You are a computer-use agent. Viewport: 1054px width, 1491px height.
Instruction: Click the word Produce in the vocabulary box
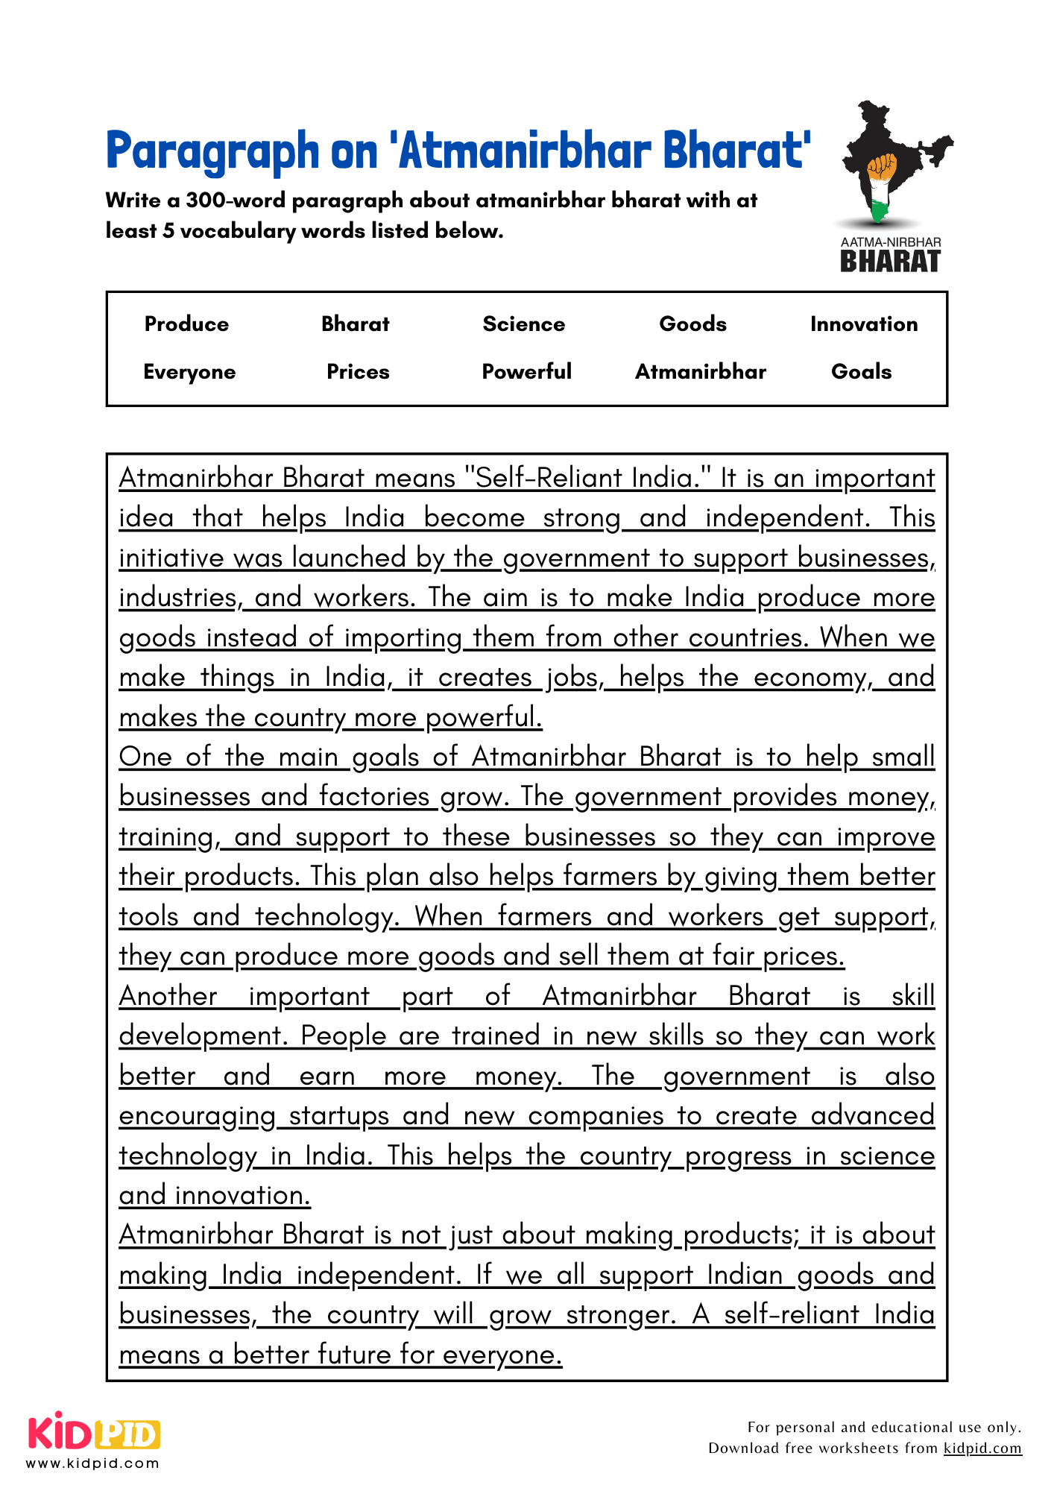[186, 324]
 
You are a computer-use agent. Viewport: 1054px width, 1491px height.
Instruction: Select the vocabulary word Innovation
[863, 324]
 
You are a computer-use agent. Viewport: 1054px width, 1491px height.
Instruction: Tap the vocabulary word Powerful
[526, 371]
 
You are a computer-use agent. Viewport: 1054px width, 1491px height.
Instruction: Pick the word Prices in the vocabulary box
[358, 371]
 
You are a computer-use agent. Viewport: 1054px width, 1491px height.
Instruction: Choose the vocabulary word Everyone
[189, 372]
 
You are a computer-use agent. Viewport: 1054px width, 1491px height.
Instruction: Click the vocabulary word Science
[523, 324]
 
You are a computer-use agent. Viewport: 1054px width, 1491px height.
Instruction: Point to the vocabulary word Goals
[861, 371]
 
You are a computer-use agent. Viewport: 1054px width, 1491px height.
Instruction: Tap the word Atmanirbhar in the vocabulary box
[700, 371]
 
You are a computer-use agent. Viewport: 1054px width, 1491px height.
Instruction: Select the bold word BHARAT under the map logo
[890, 262]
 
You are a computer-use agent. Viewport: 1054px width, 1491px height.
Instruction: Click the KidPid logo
[94, 1433]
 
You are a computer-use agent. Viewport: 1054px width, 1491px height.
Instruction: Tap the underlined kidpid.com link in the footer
[982, 1448]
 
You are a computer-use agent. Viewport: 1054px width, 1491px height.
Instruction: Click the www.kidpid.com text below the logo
[93, 1463]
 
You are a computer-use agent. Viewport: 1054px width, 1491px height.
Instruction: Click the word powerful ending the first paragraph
[484, 717]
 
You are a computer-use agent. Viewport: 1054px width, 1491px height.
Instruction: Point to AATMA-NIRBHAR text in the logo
[890, 242]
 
